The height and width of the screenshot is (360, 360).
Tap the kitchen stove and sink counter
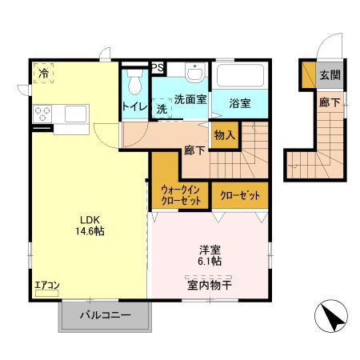[x=61, y=113]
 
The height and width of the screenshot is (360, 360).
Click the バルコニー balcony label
[x=104, y=316]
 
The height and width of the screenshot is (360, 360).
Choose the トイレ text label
[x=134, y=106]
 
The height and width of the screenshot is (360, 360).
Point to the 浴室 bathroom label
[x=240, y=103]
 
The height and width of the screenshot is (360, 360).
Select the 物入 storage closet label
[x=225, y=135]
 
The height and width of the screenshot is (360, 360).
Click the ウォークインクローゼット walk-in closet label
[x=180, y=194]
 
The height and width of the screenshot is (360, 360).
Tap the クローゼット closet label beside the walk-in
[x=240, y=194]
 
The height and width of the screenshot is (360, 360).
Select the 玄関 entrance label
[x=330, y=76]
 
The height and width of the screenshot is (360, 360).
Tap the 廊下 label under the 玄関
[x=330, y=102]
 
